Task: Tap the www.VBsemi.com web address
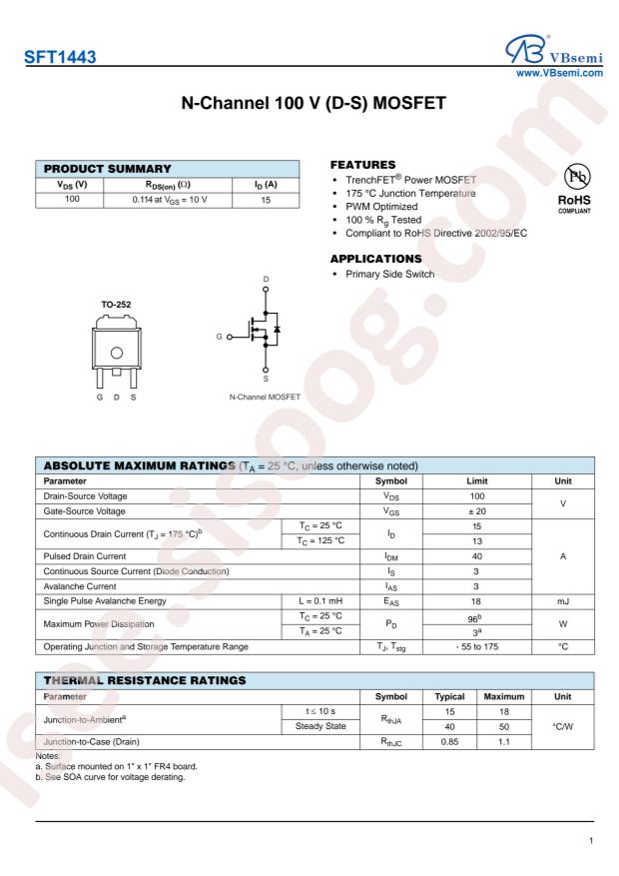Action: tap(570, 73)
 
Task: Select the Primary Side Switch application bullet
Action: tap(388, 274)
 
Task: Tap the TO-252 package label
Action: tap(117, 303)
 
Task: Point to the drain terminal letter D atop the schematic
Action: tap(266, 279)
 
